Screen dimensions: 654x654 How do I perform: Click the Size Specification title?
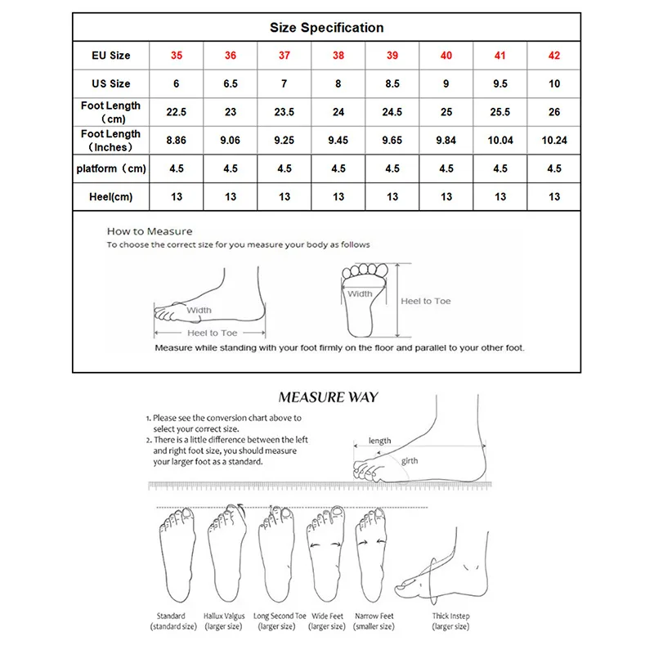point(327,28)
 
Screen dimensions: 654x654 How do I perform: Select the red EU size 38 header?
point(338,56)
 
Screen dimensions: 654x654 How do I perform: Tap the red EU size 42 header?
point(554,56)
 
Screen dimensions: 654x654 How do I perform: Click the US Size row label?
point(110,83)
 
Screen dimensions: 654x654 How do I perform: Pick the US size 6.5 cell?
point(231,83)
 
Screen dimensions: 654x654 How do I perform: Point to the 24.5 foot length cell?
point(392,112)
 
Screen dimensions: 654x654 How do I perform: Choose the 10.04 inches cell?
point(500,141)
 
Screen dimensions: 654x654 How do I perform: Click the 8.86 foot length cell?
point(176,141)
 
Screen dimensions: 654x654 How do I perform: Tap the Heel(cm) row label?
point(110,196)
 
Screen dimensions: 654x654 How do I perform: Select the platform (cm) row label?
point(110,168)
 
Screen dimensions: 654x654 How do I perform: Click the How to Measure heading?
point(150,231)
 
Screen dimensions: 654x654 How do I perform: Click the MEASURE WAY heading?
point(328,397)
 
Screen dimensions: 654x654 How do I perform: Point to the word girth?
point(410,461)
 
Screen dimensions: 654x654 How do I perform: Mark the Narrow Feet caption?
point(374,616)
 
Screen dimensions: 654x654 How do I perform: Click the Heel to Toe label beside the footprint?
point(425,301)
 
